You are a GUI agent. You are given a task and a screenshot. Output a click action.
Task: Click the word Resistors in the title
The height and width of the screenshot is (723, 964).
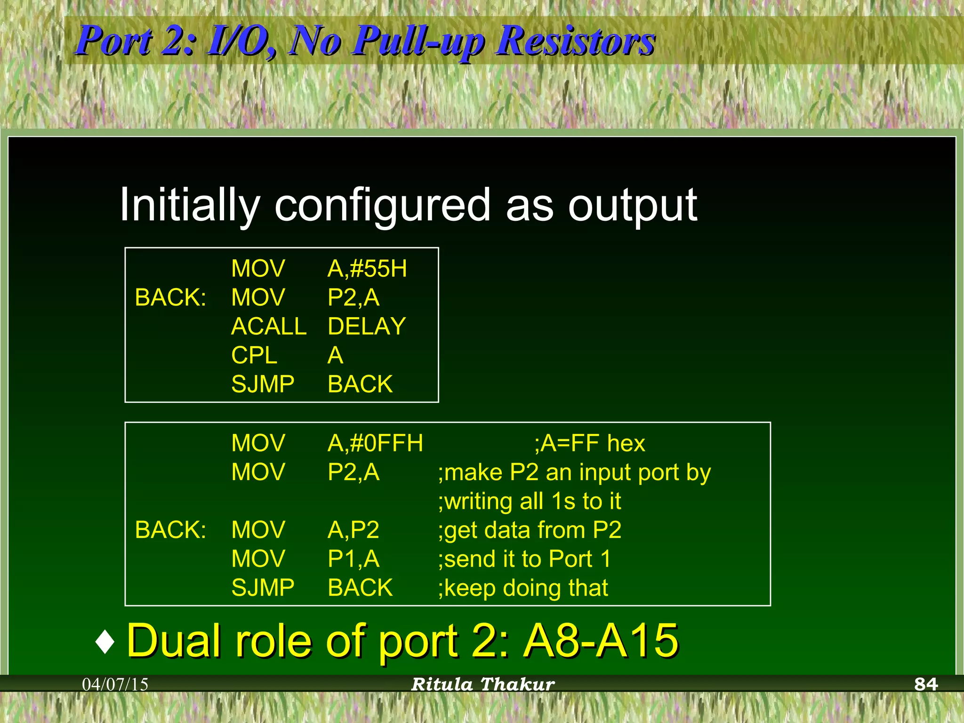(575, 41)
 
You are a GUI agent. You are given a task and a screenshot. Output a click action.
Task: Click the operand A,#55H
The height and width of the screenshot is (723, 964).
(367, 269)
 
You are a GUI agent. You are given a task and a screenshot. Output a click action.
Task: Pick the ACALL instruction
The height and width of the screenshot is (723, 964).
(268, 326)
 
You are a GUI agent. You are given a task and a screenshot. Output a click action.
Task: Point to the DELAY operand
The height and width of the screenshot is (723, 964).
(366, 326)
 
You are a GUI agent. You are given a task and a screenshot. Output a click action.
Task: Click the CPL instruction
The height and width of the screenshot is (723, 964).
(254, 355)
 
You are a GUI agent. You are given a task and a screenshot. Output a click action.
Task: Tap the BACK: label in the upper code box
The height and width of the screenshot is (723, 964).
(170, 297)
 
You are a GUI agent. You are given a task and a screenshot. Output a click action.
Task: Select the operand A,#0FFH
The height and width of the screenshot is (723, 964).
(375, 443)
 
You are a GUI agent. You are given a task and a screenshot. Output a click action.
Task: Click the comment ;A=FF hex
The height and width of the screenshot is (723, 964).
(589, 443)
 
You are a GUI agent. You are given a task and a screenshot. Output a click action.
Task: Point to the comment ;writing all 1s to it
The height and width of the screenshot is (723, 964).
(530, 501)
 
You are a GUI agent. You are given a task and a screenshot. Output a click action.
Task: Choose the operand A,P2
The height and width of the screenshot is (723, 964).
(353, 530)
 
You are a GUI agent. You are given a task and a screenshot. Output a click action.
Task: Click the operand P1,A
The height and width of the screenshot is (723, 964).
(353, 559)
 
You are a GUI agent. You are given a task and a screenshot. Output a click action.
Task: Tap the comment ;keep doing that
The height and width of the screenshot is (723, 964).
(523, 588)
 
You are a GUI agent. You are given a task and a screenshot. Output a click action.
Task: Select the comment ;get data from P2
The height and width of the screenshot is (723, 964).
(530, 530)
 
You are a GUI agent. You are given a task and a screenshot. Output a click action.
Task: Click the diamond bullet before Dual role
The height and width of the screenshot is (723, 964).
(104, 642)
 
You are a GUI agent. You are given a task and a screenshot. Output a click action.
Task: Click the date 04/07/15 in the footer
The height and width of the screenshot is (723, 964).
(115, 684)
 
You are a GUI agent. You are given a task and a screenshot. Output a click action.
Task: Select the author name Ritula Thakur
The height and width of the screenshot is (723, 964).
(483, 684)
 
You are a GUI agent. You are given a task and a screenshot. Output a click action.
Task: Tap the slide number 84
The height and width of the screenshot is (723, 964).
(925, 684)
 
